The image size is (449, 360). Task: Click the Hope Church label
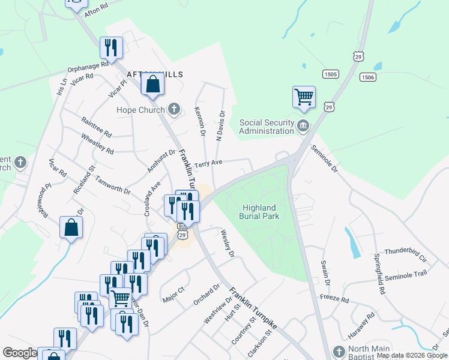click(x=140, y=110)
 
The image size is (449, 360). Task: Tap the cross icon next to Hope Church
click(x=174, y=109)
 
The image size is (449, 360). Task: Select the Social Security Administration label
click(x=267, y=127)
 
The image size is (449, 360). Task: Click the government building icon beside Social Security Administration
click(x=303, y=126)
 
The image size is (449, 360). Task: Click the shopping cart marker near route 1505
click(x=304, y=97)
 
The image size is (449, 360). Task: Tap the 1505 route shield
click(x=330, y=74)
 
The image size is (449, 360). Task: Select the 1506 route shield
click(x=368, y=77)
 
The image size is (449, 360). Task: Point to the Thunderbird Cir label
click(x=405, y=253)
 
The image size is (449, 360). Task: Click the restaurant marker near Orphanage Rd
click(x=111, y=47)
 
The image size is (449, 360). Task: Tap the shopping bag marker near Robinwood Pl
click(x=71, y=228)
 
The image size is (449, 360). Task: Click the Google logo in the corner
click(x=19, y=353)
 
